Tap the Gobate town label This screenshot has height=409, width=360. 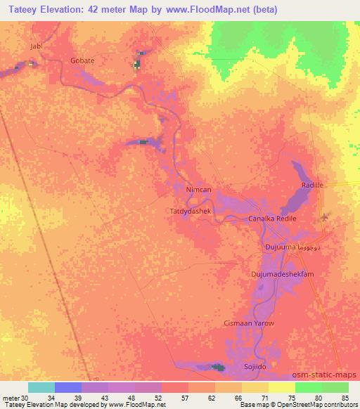[x=82, y=60]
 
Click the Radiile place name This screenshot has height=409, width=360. [x=312, y=185]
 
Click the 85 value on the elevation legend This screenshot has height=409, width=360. [x=345, y=398]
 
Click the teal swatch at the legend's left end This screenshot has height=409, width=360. [x=41, y=387]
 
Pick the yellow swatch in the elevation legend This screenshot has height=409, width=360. [x=282, y=387]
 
